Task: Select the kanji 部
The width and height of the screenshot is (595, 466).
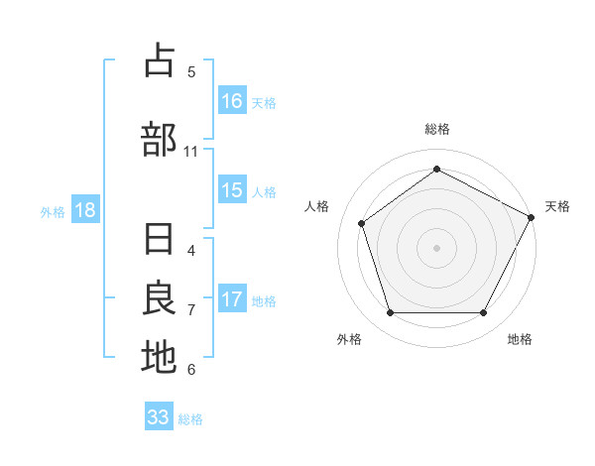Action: pyautogui.click(x=159, y=140)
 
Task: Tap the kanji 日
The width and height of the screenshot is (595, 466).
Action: pyautogui.click(x=159, y=242)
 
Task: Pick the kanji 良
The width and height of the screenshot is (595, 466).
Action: pyautogui.click(x=159, y=299)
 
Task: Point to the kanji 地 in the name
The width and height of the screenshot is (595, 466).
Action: pyautogui.click(x=159, y=357)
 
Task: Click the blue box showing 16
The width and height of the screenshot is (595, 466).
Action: pyautogui.click(x=232, y=100)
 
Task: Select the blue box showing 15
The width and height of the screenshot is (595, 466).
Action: pyautogui.click(x=232, y=191)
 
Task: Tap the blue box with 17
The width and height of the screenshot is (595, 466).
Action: pyautogui.click(x=232, y=300)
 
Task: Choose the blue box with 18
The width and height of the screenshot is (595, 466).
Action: pyautogui.click(x=85, y=211)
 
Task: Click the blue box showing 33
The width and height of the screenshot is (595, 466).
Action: pyautogui.click(x=159, y=417)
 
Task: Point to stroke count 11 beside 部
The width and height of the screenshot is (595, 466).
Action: pyautogui.click(x=191, y=152)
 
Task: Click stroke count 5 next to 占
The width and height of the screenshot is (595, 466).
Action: pyautogui.click(x=191, y=72)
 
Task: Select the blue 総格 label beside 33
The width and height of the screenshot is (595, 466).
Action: pyautogui.click(x=190, y=419)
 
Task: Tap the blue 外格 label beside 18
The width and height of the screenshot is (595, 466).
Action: pyautogui.click(x=53, y=212)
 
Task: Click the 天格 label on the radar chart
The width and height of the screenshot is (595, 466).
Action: pyautogui.click(x=557, y=206)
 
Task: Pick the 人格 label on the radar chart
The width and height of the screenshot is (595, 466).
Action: pyautogui.click(x=317, y=206)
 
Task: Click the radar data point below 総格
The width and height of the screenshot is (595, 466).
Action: pyautogui.click(x=436, y=170)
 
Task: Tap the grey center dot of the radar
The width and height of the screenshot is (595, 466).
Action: pyautogui.click(x=436, y=247)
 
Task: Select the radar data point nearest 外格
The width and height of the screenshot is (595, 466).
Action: pyautogui.click(x=390, y=312)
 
